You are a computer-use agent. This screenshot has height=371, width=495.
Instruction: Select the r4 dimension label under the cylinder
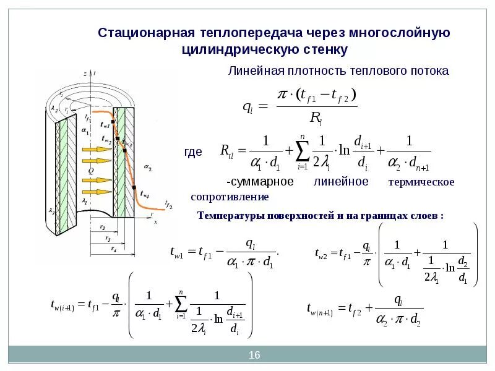pyautogui.click(x=114, y=249)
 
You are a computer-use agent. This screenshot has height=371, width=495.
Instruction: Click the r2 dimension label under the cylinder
pyautogui.click(x=101, y=227)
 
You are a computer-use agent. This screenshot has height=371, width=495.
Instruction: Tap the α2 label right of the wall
pyautogui.click(x=147, y=168)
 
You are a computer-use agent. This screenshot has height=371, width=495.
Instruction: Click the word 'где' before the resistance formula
pyautogui.click(x=194, y=152)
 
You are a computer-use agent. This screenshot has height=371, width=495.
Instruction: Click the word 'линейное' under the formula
pyautogui.click(x=341, y=182)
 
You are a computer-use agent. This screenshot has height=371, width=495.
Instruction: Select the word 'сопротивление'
pyautogui.click(x=230, y=197)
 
